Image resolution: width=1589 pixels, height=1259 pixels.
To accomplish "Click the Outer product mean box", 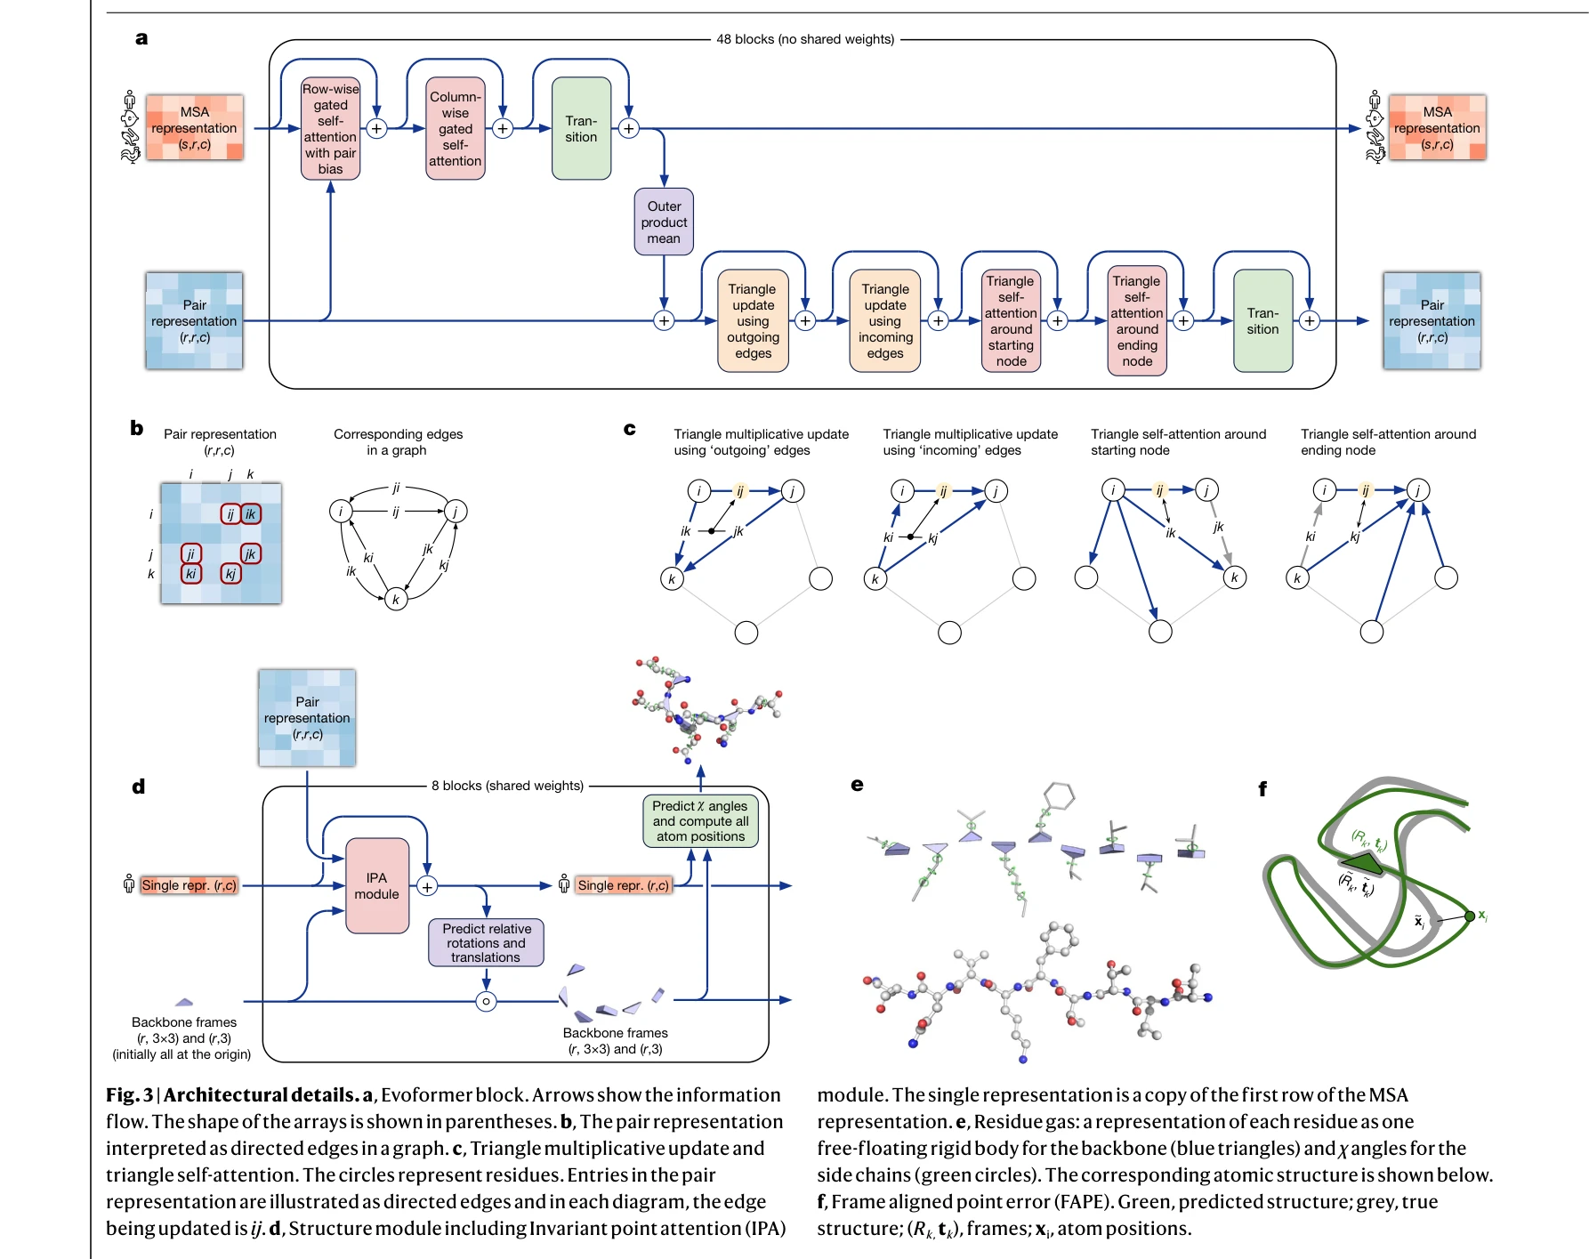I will coord(664,222).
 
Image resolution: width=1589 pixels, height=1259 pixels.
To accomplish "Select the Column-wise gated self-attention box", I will coord(455,128).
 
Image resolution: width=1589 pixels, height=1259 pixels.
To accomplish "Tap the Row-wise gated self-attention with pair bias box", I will coord(330,128).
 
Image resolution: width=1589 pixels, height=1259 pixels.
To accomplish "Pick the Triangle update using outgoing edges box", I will coord(753,320).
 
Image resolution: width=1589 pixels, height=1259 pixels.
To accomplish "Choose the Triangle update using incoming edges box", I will coord(885,320).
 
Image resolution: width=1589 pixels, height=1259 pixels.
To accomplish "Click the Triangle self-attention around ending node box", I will coord(1137,320).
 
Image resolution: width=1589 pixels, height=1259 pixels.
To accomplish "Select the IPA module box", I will coord(376,885).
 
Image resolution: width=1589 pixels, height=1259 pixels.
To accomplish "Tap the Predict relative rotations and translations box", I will coord(486,943).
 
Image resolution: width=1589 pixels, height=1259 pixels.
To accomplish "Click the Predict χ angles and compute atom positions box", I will coord(700,820).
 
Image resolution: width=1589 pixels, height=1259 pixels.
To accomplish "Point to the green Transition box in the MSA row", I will coord(581,128).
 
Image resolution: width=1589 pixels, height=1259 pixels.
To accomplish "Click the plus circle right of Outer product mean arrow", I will coord(664,320).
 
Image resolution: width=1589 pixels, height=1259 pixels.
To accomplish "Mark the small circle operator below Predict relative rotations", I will coord(486,1001).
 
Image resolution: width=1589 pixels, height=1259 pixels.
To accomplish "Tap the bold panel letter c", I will coord(629,429).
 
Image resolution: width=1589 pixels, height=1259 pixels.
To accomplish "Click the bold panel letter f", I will coord(1262,788).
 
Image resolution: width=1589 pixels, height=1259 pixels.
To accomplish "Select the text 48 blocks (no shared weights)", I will coord(805,39).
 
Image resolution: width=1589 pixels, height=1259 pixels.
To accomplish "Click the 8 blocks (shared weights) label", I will coord(507,786).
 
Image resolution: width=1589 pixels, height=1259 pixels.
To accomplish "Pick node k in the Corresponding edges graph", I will coord(396,599).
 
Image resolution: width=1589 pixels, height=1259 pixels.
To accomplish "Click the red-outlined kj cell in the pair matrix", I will coord(230,574).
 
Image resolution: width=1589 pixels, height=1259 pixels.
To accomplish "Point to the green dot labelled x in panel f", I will coord(1470,916).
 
